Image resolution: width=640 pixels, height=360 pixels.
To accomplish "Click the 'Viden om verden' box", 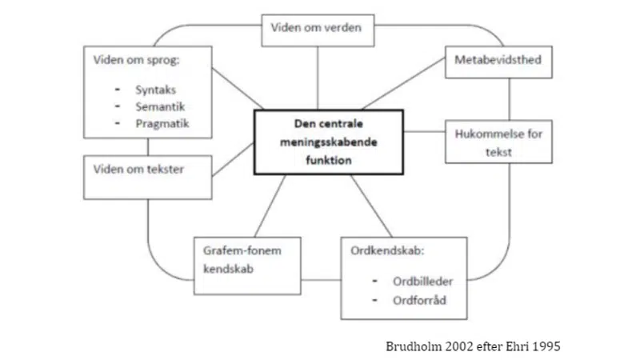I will pos(315,30).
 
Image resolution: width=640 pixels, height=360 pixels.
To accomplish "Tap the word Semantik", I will pos(158,106).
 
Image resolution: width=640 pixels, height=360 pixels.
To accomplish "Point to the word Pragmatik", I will pos(161,123).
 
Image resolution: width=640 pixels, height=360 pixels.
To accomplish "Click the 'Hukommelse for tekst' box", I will pos(497,141).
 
